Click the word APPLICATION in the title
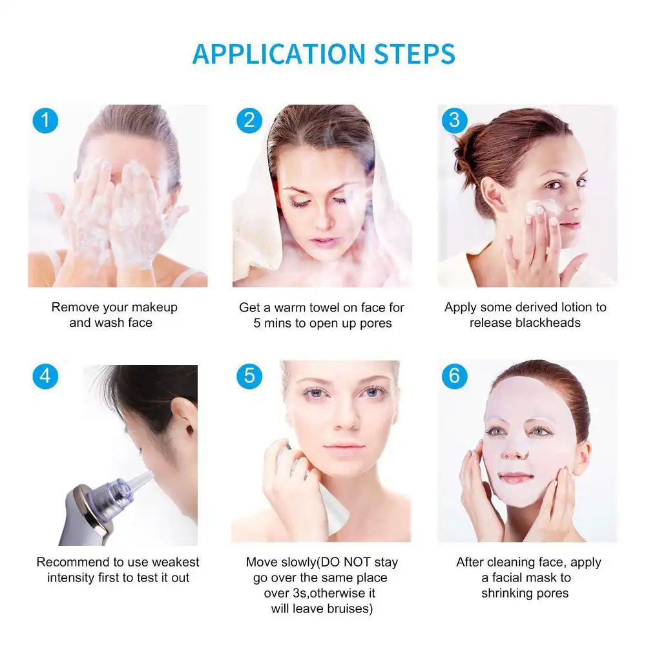(x=279, y=54)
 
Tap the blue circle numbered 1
(x=45, y=121)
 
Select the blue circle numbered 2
(x=249, y=121)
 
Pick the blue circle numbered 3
(x=454, y=121)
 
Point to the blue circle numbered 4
(x=45, y=377)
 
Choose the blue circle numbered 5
(x=249, y=377)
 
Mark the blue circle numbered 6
(x=454, y=377)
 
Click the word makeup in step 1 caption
(x=154, y=307)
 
